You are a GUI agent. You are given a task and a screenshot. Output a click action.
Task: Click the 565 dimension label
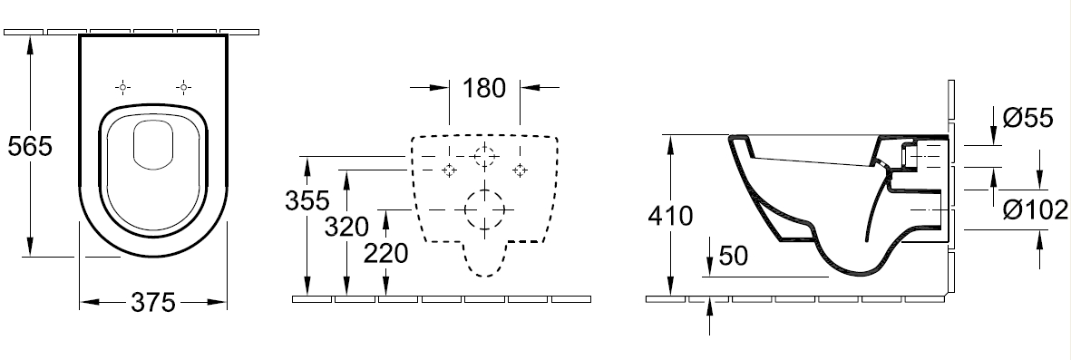[29, 146]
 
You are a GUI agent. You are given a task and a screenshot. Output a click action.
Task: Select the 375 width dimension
[153, 302]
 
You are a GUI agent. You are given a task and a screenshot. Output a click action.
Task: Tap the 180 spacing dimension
[484, 87]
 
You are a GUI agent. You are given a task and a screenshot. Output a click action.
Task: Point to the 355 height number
[307, 200]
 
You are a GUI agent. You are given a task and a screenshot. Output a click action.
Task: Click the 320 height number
[346, 227]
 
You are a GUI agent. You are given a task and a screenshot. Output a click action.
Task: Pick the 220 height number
[386, 253]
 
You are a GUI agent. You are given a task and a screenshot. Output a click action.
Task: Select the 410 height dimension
[670, 216]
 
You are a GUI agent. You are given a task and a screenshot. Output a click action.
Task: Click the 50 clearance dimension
[733, 256]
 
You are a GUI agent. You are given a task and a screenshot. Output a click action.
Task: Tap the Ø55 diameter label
[1028, 118]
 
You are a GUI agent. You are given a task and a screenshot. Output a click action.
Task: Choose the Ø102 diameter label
[1035, 210]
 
